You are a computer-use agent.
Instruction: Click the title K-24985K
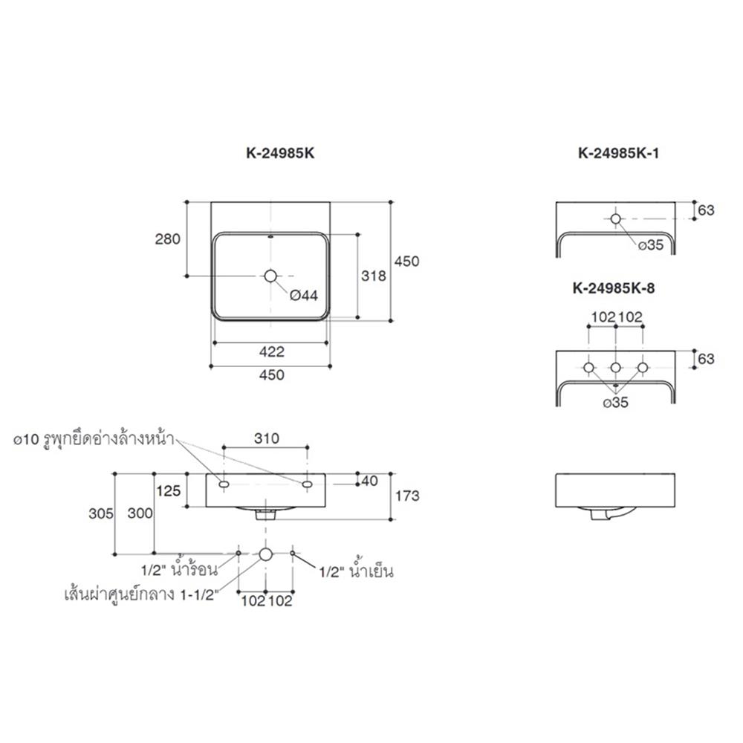[280, 153]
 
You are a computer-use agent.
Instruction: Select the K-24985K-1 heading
[618, 153]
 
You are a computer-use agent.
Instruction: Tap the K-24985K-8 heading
[614, 288]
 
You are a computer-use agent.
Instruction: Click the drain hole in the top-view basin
[270, 276]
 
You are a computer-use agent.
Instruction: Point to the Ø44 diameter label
[304, 296]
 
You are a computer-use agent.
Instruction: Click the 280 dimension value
[168, 239]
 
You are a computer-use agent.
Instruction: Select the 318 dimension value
[374, 276]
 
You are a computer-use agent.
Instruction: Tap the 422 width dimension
[271, 351]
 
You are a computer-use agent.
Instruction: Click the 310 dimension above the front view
[266, 438]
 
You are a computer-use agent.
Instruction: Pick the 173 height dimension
[407, 496]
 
